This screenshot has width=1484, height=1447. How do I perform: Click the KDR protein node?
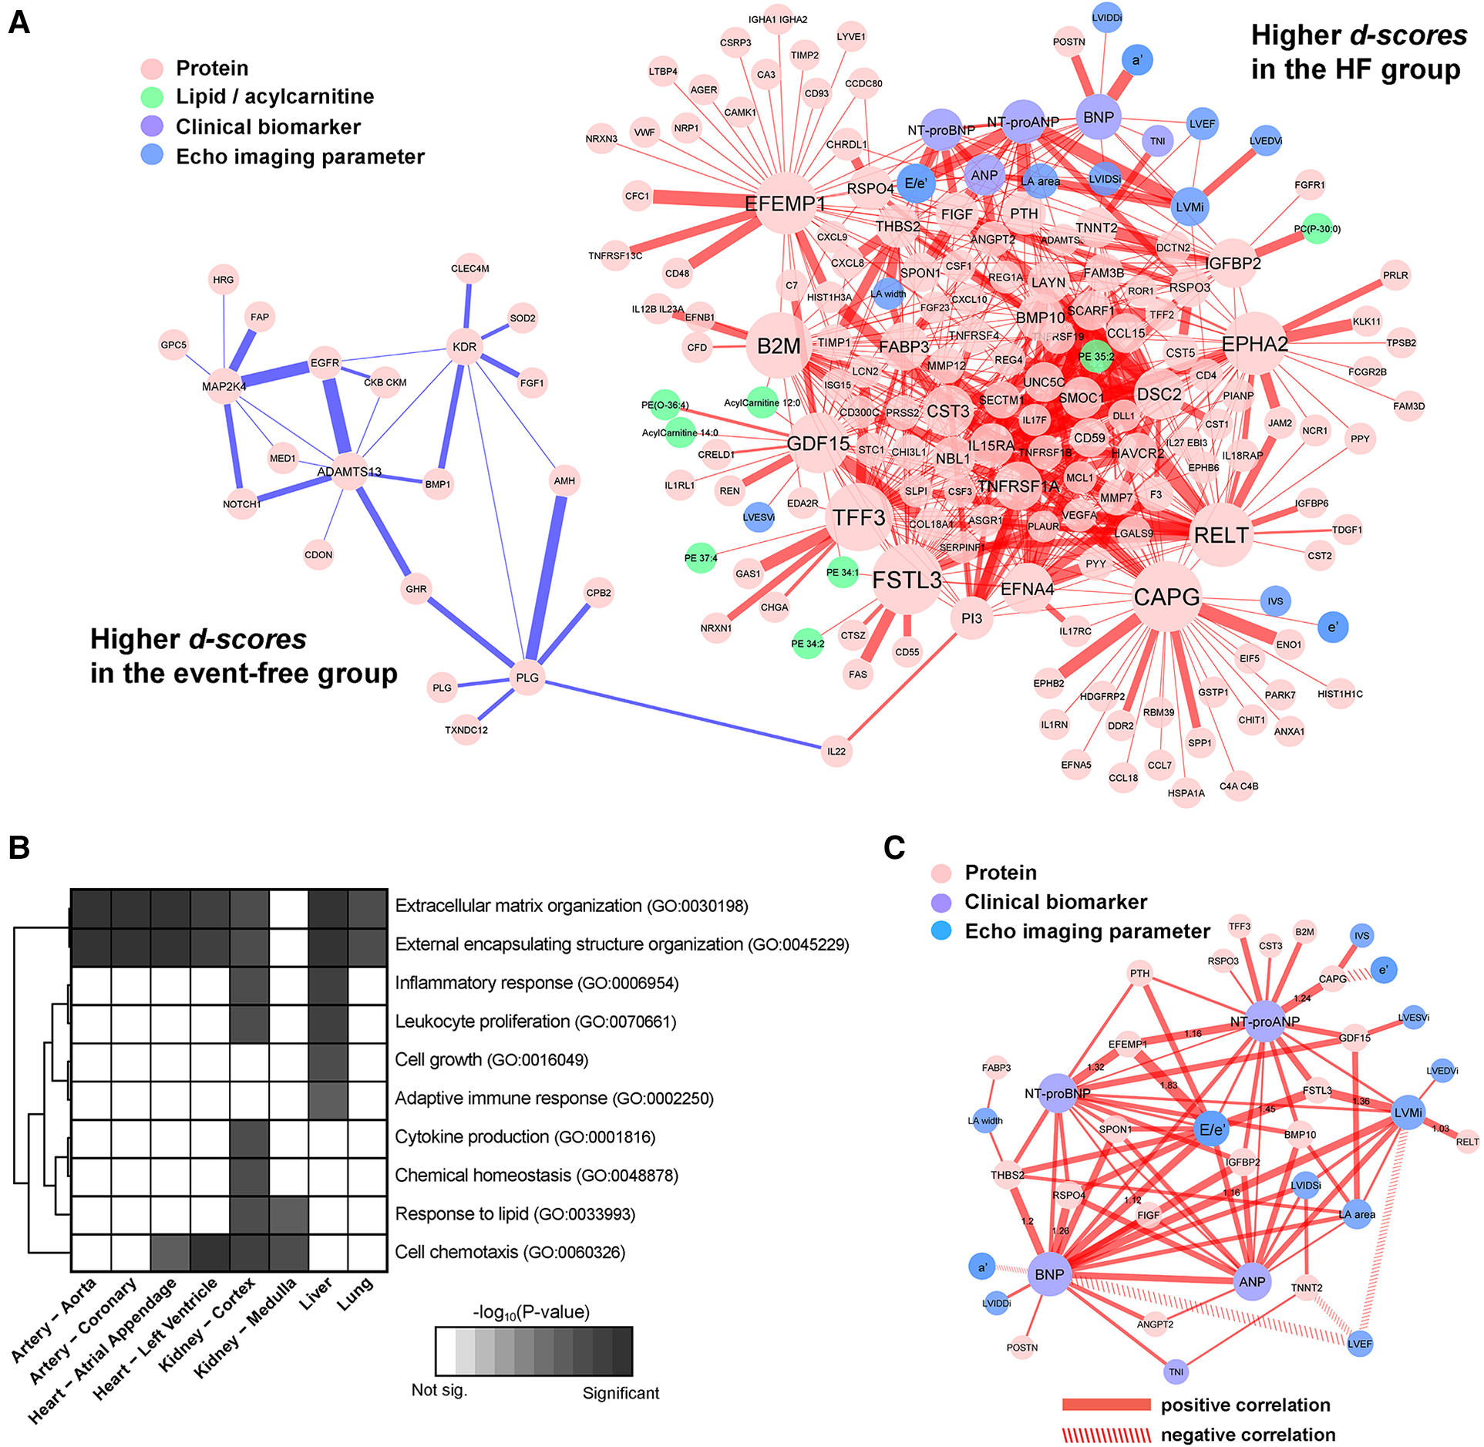[x=464, y=347]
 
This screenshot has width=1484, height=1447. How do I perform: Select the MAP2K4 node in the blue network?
[x=224, y=386]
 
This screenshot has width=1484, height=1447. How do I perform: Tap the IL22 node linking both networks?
[x=836, y=751]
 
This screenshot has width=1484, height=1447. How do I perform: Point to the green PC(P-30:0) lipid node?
[x=1317, y=228]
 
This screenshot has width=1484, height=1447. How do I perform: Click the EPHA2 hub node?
[x=1255, y=344]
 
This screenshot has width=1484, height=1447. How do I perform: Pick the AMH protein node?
[x=564, y=481]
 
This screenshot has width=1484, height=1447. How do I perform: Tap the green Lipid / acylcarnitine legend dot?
[x=153, y=96]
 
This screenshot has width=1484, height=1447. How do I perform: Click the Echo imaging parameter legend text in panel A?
[x=300, y=156]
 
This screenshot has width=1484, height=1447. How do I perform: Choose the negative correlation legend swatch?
[x=1106, y=1435]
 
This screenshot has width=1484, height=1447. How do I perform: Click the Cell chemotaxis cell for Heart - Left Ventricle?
[x=210, y=1252]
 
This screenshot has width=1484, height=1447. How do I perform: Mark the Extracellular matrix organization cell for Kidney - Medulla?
[x=289, y=909]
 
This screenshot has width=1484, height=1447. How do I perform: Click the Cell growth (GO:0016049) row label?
[x=492, y=1060]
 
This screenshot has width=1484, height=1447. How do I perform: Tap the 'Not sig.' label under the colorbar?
[x=439, y=1390]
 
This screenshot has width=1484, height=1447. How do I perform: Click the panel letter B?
[x=19, y=846]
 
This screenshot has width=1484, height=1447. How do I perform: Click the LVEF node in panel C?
[x=1360, y=1344]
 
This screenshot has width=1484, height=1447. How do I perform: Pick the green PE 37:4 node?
[x=701, y=558]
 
